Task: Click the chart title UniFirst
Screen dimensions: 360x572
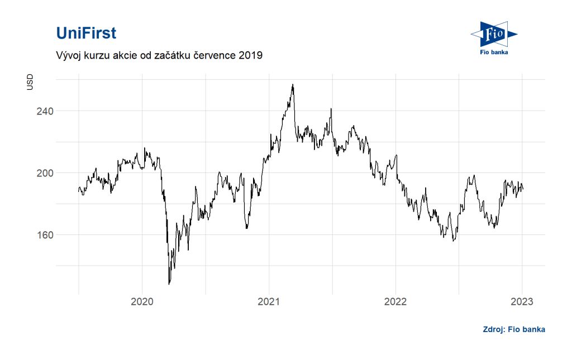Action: pos(86,33)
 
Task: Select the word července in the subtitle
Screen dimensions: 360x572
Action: pos(212,56)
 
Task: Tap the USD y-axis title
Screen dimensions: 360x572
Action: pos(30,83)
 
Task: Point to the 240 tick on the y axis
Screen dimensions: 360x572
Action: pos(45,111)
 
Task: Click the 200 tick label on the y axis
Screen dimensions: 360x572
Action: pos(45,173)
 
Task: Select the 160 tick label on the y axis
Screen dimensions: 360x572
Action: pos(45,235)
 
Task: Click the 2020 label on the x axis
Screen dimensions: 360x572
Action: pos(142,302)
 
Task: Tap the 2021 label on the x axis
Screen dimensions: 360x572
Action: pos(269,302)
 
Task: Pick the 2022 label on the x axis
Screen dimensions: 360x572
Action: pos(395,302)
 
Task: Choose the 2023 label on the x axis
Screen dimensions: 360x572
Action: pos(522,302)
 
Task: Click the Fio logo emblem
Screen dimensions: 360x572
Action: pos(494,35)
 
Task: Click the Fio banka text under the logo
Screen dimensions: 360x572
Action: pos(494,53)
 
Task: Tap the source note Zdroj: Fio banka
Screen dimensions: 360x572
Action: pos(514,329)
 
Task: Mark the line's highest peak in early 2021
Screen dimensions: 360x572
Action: pos(293,85)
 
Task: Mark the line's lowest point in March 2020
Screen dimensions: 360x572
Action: pos(169,284)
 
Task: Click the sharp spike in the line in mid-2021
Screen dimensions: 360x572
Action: pos(331,109)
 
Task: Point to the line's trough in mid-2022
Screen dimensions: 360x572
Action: pos(453,241)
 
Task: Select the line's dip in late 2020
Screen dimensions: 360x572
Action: pos(246,228)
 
